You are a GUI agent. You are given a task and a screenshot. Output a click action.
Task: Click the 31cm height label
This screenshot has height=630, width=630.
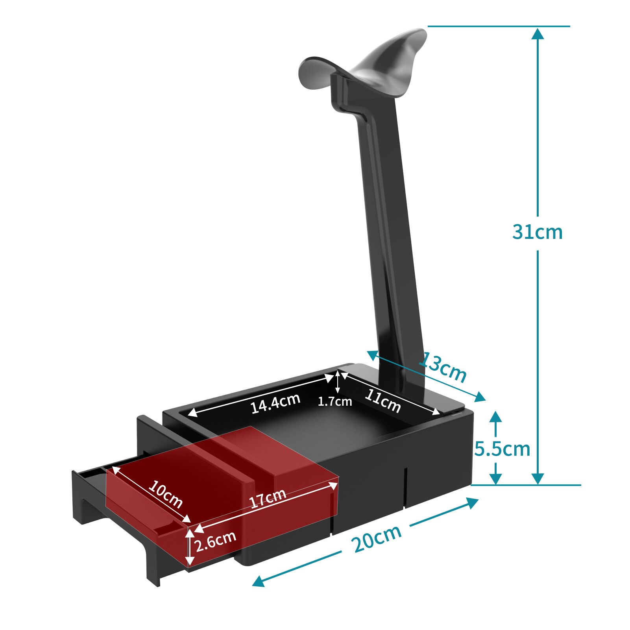(537, 232)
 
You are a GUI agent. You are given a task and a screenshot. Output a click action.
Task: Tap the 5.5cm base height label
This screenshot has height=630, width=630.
(502, 449)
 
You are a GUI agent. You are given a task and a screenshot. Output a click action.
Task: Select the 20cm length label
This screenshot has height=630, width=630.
(377, 538)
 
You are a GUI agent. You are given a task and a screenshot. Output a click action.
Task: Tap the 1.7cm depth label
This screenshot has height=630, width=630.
(334, 402)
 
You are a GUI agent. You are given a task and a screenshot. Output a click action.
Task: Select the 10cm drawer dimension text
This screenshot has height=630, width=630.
(165, 494)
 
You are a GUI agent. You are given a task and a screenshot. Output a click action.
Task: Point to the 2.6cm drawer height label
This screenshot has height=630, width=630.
(216, 541)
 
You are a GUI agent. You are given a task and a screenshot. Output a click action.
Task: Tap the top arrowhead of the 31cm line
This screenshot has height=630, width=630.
(538, 33)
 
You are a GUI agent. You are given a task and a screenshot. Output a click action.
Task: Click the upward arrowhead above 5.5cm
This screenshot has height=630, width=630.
(496, 416)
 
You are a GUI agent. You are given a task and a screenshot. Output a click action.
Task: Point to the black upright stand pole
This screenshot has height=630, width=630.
(388, 236)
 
